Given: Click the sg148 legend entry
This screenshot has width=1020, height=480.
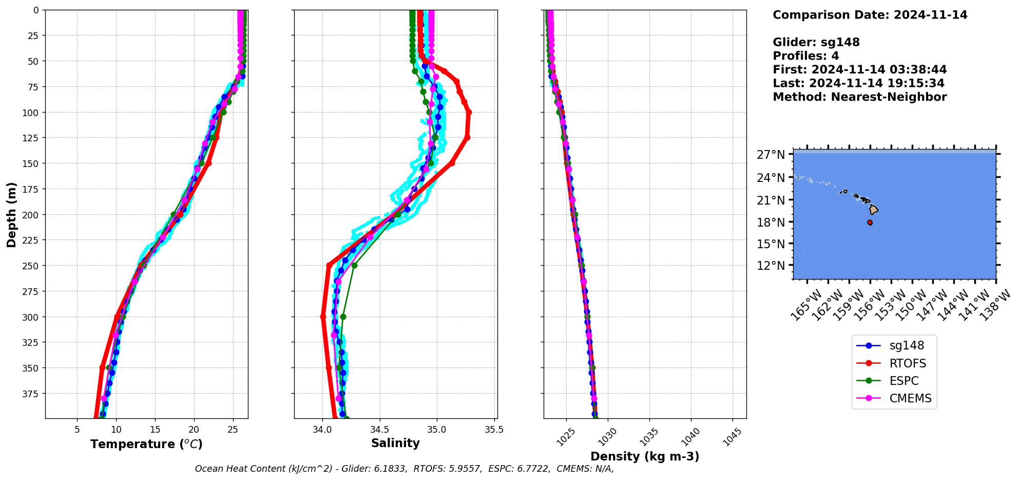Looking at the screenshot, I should pyautogui.click(x=907, y=346).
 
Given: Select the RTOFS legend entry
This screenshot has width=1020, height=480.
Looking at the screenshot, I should pyautogui.click(x=908, y=363).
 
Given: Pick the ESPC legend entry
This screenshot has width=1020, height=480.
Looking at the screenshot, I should pyautogui.click(x=903, y=381).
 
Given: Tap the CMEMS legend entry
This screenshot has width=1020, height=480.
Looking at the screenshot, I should pyautogui.click(x=910, y=398).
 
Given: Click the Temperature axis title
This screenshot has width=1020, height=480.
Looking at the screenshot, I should pyautogui.click(x=146, y=444).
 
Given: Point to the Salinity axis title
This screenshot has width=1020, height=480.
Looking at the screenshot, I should pyautogui.click(x=395, y=443).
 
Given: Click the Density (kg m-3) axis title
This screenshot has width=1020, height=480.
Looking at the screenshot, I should pyautogui.click(x=645, y=456).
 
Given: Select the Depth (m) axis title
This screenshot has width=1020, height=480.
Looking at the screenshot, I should pyautogui.click(x=11, y=214).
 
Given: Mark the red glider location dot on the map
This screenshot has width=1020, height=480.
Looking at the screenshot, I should pyautogui.click(x=870, y=223).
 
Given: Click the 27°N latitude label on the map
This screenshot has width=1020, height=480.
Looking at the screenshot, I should pyautogui.click(x=771, y=155).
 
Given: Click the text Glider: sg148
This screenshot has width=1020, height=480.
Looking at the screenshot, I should pyautogui.click(x=816, y=42).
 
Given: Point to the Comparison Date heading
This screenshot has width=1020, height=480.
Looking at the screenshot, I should pyautogui.click(x=870, y=15).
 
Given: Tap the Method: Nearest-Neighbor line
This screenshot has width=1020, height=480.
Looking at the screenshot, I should pyautogui.click(x=859, y=97).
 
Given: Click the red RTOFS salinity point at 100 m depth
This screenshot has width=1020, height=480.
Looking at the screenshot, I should pyautogui.click(x=469, y=112).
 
